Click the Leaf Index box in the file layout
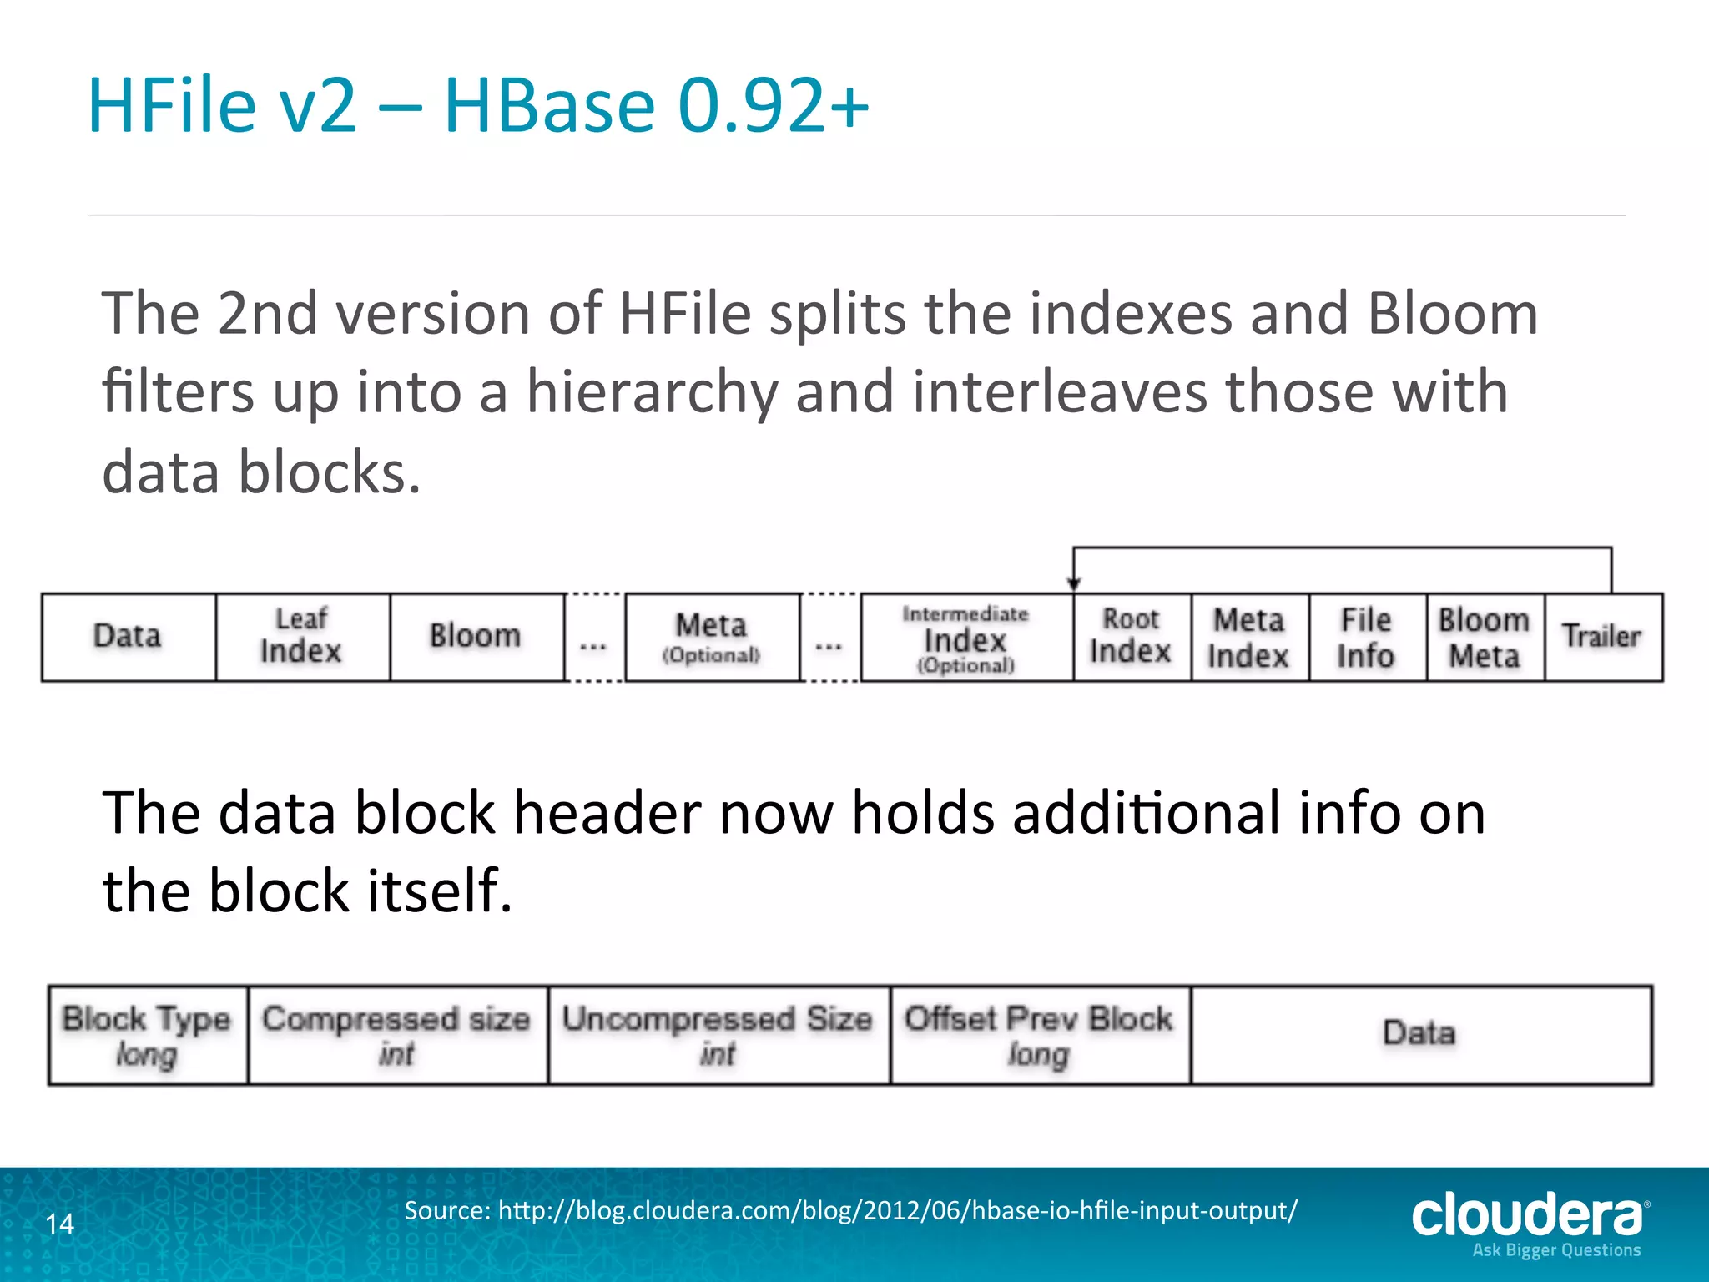(302, 637)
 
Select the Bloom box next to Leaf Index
(476, 637)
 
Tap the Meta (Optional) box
(712, 637)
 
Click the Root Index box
(1132, 637)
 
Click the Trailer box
(1602, 637)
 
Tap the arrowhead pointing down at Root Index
(1074, 583)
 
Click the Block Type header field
(147, 1035)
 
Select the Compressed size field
(397, 1035)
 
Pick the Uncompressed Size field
(718, 1035)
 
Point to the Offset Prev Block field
(1040, 1035)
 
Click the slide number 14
(59, 1224)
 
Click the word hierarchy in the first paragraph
(652, 392)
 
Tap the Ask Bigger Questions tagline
(1557, 1250)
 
